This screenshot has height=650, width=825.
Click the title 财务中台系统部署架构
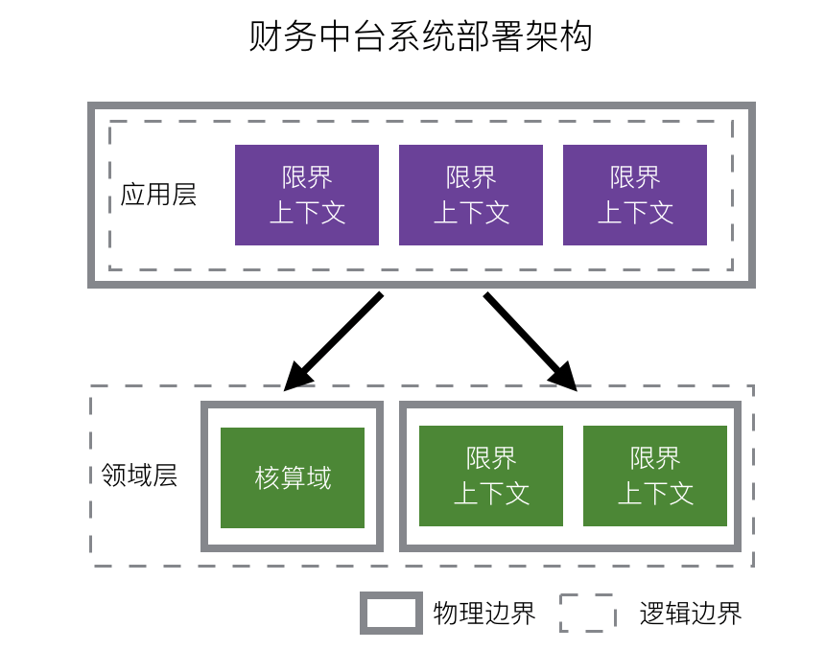point(420,38)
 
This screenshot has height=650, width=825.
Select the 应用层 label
point(158,195)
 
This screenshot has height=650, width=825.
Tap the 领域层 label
point(139,476)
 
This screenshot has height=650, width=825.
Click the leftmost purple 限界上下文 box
point(307,195)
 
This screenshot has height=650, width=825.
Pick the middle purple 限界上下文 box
point(471,195)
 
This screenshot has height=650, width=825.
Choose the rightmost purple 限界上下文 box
point(635,195)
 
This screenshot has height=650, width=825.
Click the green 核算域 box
point(293,477)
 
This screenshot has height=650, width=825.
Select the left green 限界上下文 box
point(491,476)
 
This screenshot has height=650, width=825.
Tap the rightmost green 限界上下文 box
point(655,476)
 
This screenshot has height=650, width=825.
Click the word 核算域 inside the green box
point(293,477)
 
